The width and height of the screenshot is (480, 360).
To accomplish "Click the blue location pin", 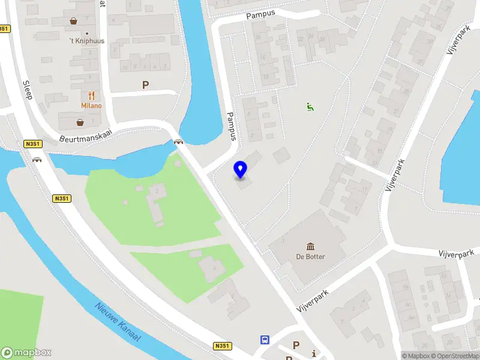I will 241,169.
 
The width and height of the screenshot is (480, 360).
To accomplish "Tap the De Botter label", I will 311,257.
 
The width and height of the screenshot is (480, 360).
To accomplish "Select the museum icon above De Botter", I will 311,247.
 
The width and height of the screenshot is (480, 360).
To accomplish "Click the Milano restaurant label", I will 92,106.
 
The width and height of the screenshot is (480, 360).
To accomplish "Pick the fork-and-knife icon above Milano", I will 92,95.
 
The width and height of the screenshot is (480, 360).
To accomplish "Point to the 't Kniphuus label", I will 87,41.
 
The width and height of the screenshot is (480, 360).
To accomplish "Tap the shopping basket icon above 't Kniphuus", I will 74,21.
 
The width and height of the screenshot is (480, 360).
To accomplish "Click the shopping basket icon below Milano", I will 80,122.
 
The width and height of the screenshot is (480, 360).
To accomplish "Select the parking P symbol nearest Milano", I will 145,85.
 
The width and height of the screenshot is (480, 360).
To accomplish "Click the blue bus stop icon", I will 265,340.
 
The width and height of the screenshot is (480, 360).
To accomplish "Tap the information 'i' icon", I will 314,354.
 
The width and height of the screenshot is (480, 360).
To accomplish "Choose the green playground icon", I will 310,107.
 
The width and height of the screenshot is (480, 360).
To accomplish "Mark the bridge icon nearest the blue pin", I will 178,142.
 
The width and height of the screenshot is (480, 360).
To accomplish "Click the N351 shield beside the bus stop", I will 222,346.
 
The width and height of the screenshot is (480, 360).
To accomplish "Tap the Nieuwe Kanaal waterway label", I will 118,322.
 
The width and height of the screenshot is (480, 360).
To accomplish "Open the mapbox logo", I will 26,353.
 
